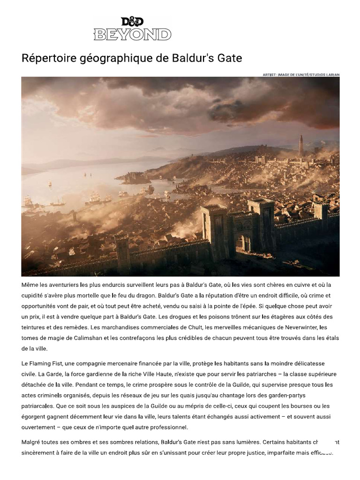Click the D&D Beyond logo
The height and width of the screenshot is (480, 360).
[x=133, y=29]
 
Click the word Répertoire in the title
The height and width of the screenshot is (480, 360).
[x=46, y=59]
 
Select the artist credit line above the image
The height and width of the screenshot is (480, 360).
[x=302, y=75]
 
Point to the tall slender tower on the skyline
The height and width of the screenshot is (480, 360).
[x=300, y=146]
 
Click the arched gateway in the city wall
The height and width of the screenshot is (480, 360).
[x=243, y=242]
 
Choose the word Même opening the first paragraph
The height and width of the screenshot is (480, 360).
[x=30, y=285]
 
